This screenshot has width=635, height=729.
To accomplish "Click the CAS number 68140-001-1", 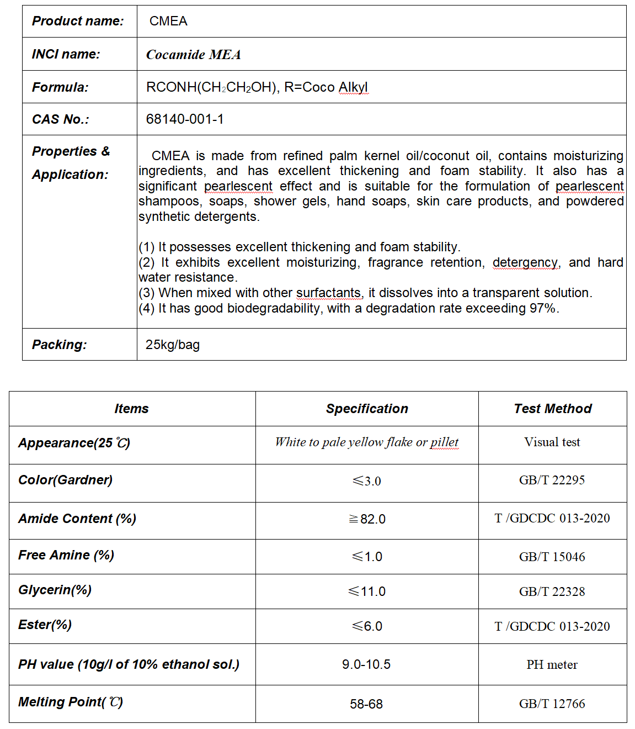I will tap(185, 119).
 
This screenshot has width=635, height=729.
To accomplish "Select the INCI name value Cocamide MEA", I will tap(193, 55).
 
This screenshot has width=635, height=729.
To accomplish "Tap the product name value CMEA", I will tap(168, 22).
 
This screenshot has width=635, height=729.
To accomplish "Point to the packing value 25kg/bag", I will tap(173, 345).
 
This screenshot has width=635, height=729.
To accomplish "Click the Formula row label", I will tap(60, 87).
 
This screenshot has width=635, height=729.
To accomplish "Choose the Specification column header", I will tap(367, 409).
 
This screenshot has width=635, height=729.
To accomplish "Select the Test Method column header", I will tap(552, 409).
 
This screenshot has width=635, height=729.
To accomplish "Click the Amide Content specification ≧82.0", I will tap(367, 519).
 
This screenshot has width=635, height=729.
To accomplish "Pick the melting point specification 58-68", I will tap(366, 704).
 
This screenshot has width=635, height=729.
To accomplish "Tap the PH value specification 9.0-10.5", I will tap(366, 664).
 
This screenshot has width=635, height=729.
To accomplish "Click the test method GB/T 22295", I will tap(552, 480).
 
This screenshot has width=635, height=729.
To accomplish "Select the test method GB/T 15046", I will tap(552, 557).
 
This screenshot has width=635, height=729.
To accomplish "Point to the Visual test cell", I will tap(552, 442).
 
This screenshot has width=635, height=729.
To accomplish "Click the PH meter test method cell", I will tap(552, 664).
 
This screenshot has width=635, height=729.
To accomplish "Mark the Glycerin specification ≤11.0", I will tap(367, 591).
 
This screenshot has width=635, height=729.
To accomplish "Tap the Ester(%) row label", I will tap(45, 625).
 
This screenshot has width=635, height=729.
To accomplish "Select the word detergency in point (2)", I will tap(525, 262).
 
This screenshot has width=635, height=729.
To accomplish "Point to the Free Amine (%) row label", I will tap(66, 555).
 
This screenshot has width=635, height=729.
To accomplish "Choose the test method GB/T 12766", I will tap(552, 704).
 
